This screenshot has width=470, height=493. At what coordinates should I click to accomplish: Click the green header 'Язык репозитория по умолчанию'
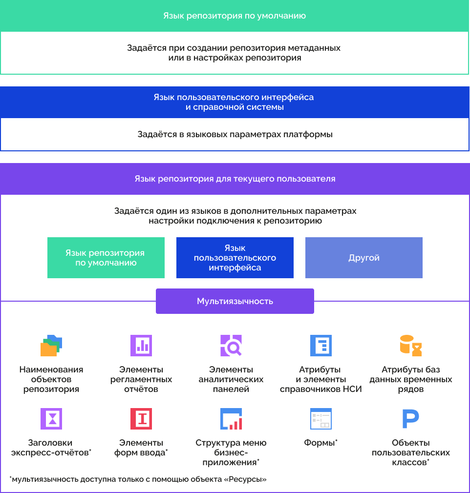pyautogui.click(x=235, y=16)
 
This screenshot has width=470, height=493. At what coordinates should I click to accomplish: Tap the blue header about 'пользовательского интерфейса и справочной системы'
pyautogui.click(x=235, y=102)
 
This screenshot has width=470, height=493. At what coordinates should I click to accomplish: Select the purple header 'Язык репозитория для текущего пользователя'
pyautogui.click(x=235, y=179)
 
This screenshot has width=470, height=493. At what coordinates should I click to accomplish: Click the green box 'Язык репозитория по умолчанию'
pyautogui.click(x=108, y=258)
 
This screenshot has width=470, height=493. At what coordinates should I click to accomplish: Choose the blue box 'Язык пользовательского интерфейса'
pyautogui.click(x=235, y=258)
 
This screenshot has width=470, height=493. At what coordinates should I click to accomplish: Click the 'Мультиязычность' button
pyautogui.click(x=235, y=301)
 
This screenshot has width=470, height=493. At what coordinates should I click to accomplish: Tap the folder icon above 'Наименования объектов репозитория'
pyautogui.click(x=51, y=346)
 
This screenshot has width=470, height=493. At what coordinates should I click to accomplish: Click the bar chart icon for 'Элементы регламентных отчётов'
pyautogui.click(x=141, y=346)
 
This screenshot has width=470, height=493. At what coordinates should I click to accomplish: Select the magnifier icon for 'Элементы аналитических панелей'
pyautogui.click(x=231, y=346)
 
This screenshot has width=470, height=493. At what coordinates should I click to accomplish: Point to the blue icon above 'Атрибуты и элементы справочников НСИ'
pyautogui.click(x=321, y=346)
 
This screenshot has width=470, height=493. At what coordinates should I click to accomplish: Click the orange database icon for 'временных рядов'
pyautogui.click(x=411, y=346)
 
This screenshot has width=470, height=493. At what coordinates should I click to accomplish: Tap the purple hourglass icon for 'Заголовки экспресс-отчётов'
pyautogui.click(x=51, y=419)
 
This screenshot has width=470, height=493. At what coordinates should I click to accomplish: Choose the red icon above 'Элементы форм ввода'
pyautogui.click(x=141, y=419)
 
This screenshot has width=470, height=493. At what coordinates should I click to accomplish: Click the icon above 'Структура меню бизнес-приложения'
pyautogui.click(x=231, y=419)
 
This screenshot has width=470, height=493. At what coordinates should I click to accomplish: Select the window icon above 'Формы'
pyautogui.click(x=321, y=419)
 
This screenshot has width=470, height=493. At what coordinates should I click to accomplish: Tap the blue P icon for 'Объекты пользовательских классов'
pyautogui.click(x=411, y=419)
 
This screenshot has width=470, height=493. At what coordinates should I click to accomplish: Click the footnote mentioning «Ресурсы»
pyautogui.click(x=138, y=479)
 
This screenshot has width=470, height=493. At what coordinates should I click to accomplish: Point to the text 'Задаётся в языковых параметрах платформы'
pyautogui.click(x=235, y=134)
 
